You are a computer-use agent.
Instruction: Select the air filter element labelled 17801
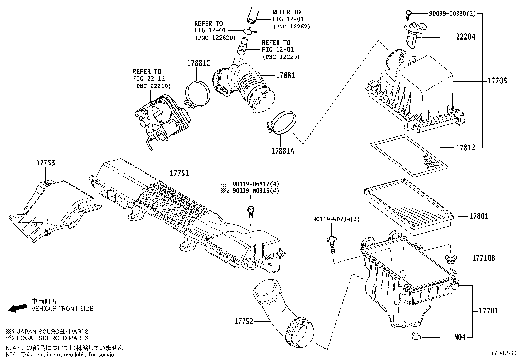[408, 206]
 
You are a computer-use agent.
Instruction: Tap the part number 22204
[465, 37]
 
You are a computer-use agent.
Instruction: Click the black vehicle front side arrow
[17, 308]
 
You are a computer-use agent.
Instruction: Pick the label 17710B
[483, 258]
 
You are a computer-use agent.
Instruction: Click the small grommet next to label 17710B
[451, 258]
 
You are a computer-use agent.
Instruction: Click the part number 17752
[244, 321]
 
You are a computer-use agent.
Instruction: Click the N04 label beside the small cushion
[459, 337]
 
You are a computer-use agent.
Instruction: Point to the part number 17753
[45, 163]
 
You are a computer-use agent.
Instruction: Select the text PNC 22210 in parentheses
[152, 86]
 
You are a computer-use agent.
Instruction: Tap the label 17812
[465, 148]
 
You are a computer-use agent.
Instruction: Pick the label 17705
[497, 80]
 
